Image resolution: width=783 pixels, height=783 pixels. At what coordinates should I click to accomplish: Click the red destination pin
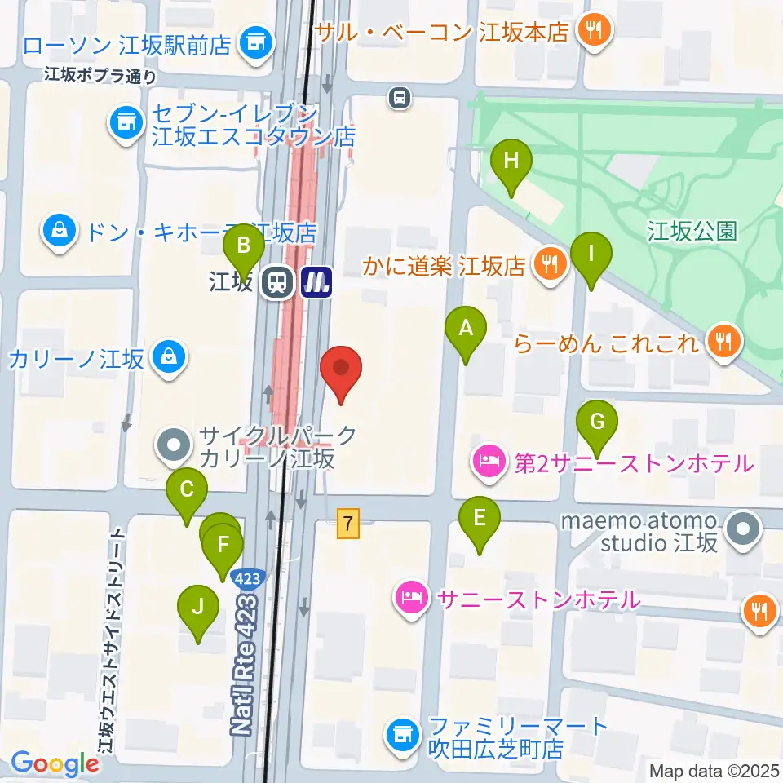pos(341,371)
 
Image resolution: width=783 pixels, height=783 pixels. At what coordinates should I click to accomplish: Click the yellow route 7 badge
pos(349,523)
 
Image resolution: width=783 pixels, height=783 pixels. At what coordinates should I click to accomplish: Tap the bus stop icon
pos(399,98)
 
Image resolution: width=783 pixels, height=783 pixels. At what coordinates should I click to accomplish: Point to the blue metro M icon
pos(316,283)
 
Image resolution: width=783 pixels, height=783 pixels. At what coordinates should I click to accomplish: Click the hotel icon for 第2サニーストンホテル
pos(489,462)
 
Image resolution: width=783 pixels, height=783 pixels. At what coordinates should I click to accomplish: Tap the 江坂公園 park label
pos(692,232)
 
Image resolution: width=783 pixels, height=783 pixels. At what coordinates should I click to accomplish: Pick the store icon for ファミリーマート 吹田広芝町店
pos(400,733)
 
